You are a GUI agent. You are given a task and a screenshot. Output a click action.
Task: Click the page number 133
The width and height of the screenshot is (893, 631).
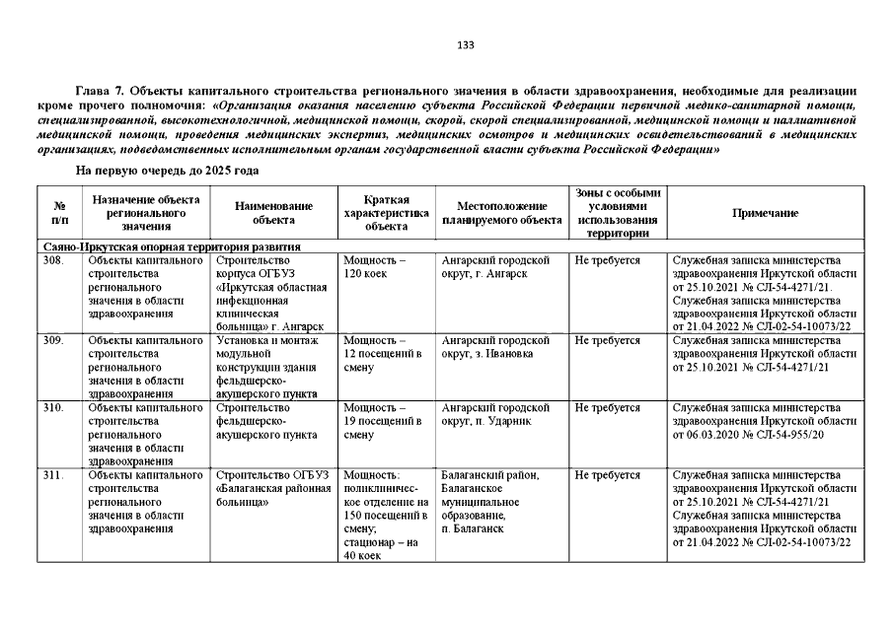[467, 45]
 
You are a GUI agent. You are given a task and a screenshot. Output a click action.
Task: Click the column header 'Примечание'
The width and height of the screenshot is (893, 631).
[765, 213]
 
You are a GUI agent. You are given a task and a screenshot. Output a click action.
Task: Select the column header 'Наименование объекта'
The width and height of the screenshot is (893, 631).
[273, 213]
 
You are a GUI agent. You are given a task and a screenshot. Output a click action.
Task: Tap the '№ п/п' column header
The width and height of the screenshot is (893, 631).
[58, 213]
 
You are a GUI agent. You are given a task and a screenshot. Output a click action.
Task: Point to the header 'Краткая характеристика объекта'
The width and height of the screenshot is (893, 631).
[386, 213]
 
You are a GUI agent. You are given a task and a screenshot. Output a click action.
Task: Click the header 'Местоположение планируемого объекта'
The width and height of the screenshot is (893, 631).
[501, 213]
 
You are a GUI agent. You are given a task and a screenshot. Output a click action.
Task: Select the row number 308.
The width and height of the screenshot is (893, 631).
[53, 260]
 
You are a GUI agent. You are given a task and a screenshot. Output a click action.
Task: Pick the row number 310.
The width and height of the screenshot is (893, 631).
[53, 406]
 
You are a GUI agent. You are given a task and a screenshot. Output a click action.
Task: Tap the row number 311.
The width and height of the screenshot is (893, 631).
[53, 475]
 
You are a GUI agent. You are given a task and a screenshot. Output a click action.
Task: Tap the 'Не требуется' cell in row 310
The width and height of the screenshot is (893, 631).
[608, 406]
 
